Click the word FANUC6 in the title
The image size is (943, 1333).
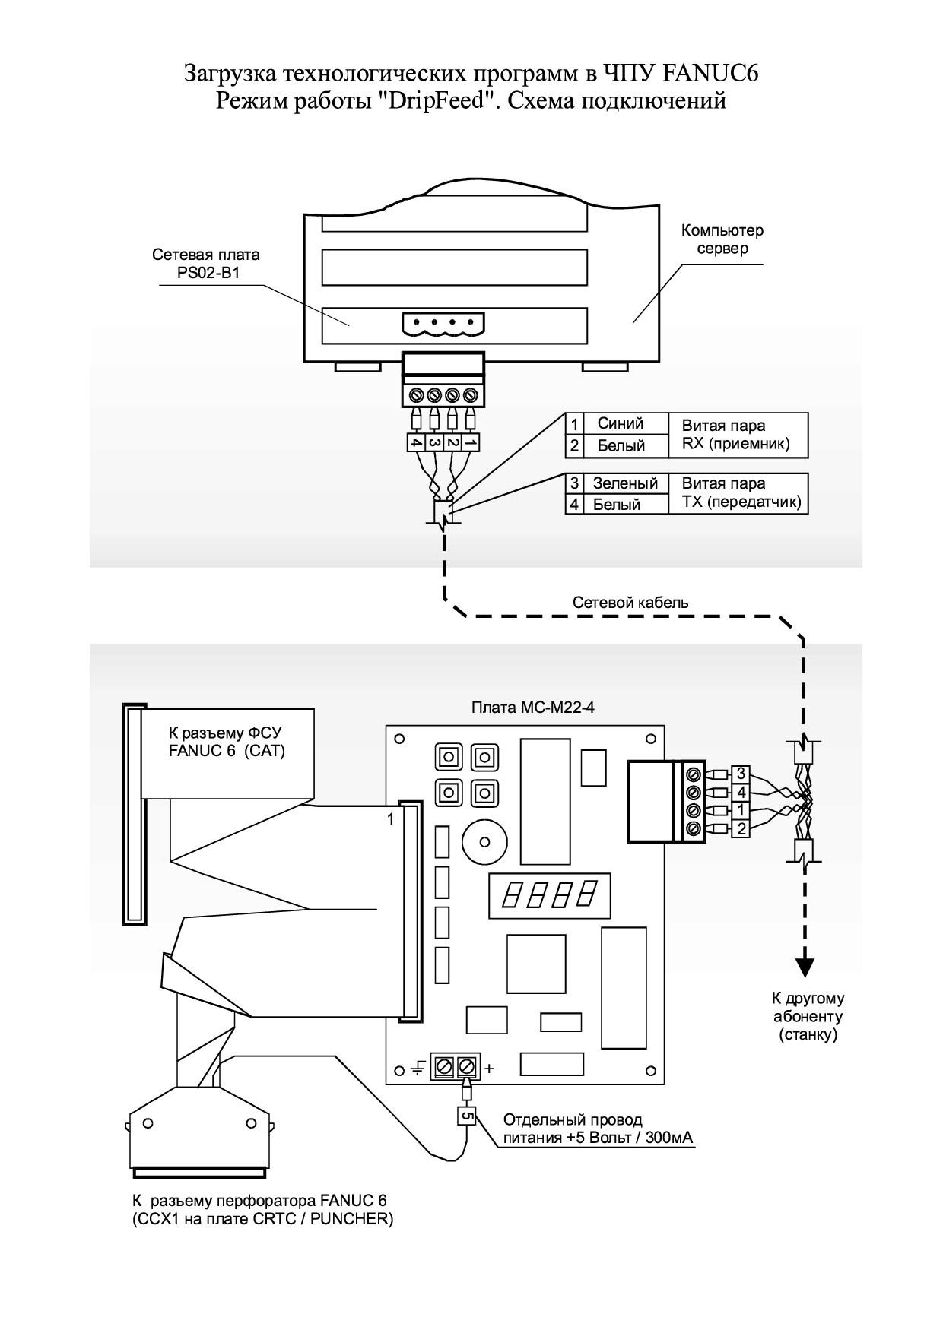click(711, 74)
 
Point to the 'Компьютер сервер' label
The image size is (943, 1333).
click(722, 239)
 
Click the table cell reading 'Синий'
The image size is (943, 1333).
click(620, 424)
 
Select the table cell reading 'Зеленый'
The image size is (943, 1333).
click(624, 483)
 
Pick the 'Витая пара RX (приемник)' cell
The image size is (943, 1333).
click(737, 435)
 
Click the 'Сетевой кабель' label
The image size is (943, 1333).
click(630, 603)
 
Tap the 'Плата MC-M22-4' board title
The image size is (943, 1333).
click(533, 708)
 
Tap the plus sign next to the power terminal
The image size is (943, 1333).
click(489, 1068)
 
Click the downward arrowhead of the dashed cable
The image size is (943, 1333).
click(805, 967)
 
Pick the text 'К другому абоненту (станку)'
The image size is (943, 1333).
click(808, 1017)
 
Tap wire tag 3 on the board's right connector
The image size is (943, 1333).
click(740, 774)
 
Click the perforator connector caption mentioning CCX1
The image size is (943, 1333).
click(262, 1211)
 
